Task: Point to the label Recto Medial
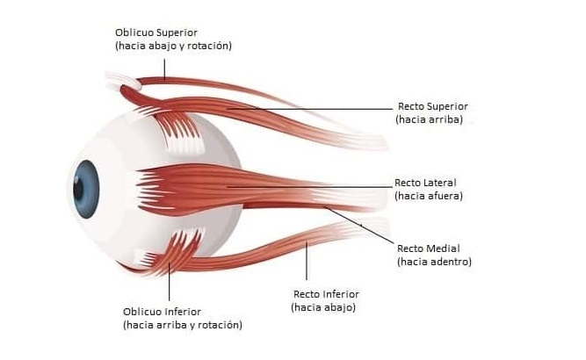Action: pyautogui.click(x=428, y=248)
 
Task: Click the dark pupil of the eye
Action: pyautogui.click(x=79, y=186)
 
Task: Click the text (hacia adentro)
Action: pyautogui.click(x=434, y=261)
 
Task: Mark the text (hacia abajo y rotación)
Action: pyautogui.click(x=173, y=46)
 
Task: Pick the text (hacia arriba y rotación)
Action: pyautogui.click(x=182, y=325)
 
